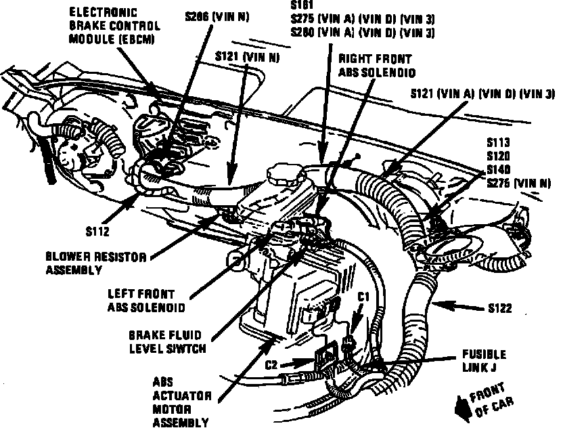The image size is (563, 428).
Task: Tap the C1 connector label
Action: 363,297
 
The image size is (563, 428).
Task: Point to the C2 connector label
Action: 272,364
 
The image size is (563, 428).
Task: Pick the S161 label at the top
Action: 299,6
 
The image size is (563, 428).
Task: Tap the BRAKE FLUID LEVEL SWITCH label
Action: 166,341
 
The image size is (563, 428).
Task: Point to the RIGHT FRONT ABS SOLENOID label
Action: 376,66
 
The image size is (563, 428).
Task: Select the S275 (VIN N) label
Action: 518,182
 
